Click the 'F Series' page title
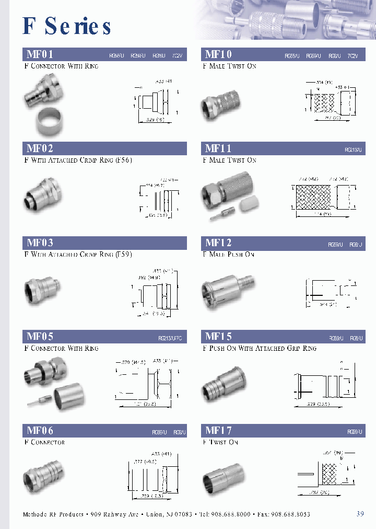point(67,26)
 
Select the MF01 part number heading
point(40,54)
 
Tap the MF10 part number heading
point(218,54)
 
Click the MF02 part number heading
point(40,148)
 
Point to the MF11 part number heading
point(218,148)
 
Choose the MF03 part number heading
point(40,243)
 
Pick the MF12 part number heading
point(218,243)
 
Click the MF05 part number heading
point(40,337)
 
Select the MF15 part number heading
point(218,337)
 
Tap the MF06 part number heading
point(40,431)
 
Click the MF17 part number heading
point(218,431)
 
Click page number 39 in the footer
point(360,514)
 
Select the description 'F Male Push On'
point(228,255)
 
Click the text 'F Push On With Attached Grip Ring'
point(260,349)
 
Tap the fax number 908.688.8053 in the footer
point(290,514)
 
